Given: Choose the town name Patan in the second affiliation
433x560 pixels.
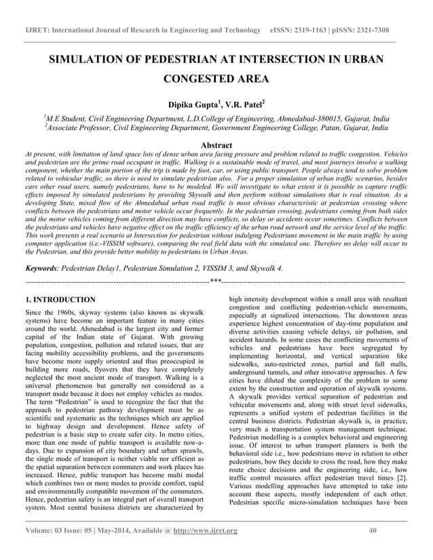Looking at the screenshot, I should tap(314, 127).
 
